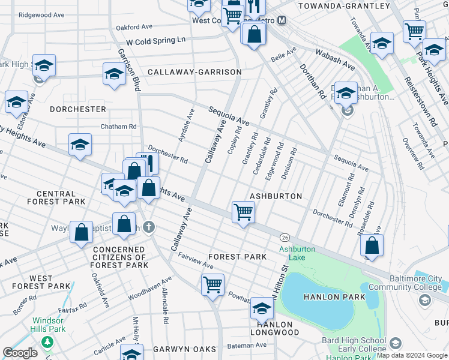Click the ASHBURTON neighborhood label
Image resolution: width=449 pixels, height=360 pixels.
click(276, 196)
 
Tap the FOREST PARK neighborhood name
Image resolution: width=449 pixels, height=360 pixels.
click(237, 256)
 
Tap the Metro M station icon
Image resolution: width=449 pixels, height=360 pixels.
click(282, 20)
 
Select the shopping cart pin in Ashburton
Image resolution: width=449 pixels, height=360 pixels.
click(243, 212)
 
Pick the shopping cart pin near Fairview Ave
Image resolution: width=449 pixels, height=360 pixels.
click(212, 284)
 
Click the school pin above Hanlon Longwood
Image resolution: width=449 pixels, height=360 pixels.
click(262, 308)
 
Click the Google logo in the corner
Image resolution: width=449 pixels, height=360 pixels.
click(20, 353)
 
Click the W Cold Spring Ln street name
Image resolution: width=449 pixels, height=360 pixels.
click(155, 41)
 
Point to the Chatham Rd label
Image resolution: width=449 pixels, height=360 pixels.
click(119, 127)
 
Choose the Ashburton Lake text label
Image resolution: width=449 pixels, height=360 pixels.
click(292, 253)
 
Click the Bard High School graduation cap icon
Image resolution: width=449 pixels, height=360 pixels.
click(395, 343)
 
